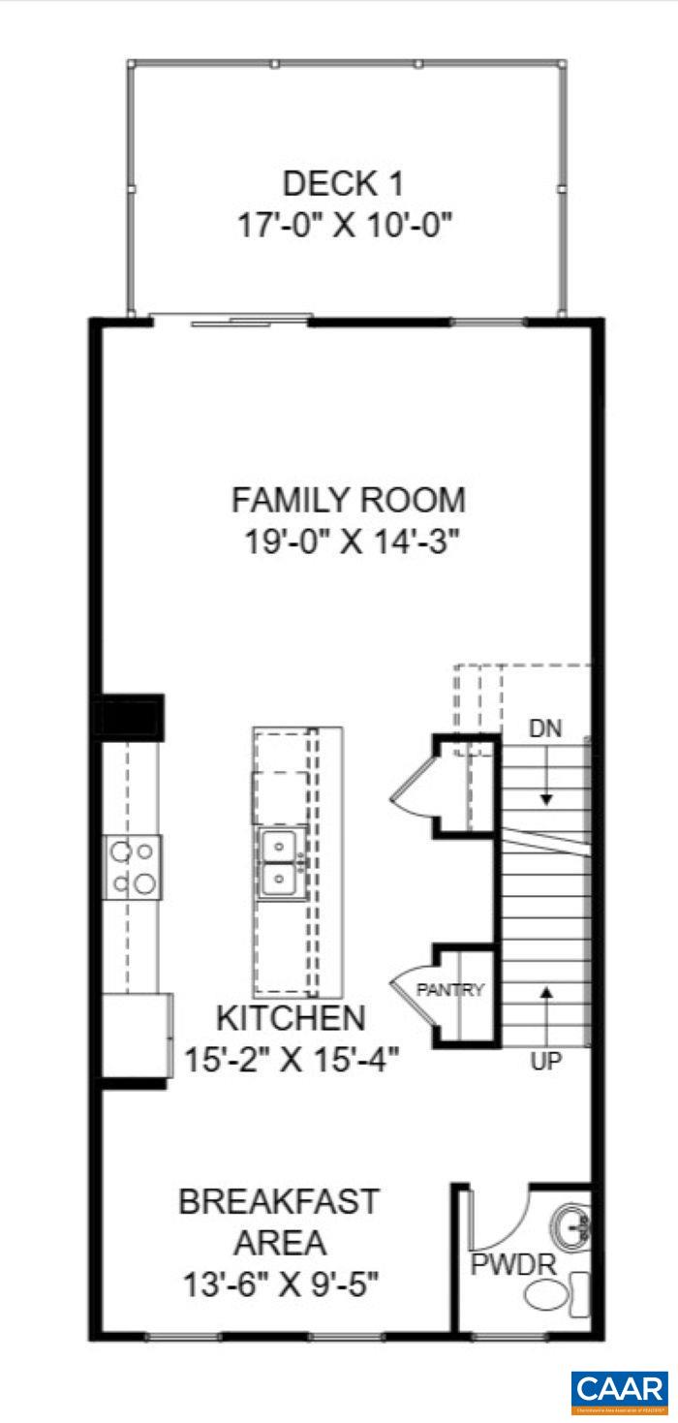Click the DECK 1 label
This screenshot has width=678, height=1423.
(x=342, y=183)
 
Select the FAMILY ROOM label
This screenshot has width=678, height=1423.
(x=348, y=501)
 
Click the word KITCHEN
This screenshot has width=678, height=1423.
(x=291, y=1019)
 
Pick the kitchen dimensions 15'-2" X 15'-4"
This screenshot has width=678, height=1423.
(x=292, y=1059)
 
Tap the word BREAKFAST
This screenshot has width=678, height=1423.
(x=278, y=1202)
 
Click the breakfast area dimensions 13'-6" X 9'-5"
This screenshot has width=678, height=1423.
(x=280, y=1285)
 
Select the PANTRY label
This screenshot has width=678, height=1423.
(x=449, y=991)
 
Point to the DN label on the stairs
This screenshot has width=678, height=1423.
(x=546, y=727)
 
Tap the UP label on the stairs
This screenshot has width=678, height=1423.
(x=546, y=1062)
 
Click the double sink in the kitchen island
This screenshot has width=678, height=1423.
(x=282, y=862)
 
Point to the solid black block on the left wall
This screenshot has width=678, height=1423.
(x=128, y=717)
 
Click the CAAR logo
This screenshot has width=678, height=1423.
(x=619, y=1390)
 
